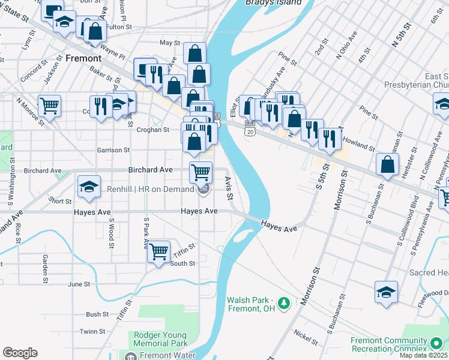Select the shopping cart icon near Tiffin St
(158, 251)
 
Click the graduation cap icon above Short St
(89, 186)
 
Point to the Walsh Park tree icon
(286, 304)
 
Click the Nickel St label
(306, 337)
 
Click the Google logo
(20, 353)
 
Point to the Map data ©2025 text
(423, 355)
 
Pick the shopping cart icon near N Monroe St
(49, 106)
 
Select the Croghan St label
(153, 130)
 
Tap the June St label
(79, 284)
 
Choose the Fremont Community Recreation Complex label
(399, 345)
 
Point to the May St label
(169, 43)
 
